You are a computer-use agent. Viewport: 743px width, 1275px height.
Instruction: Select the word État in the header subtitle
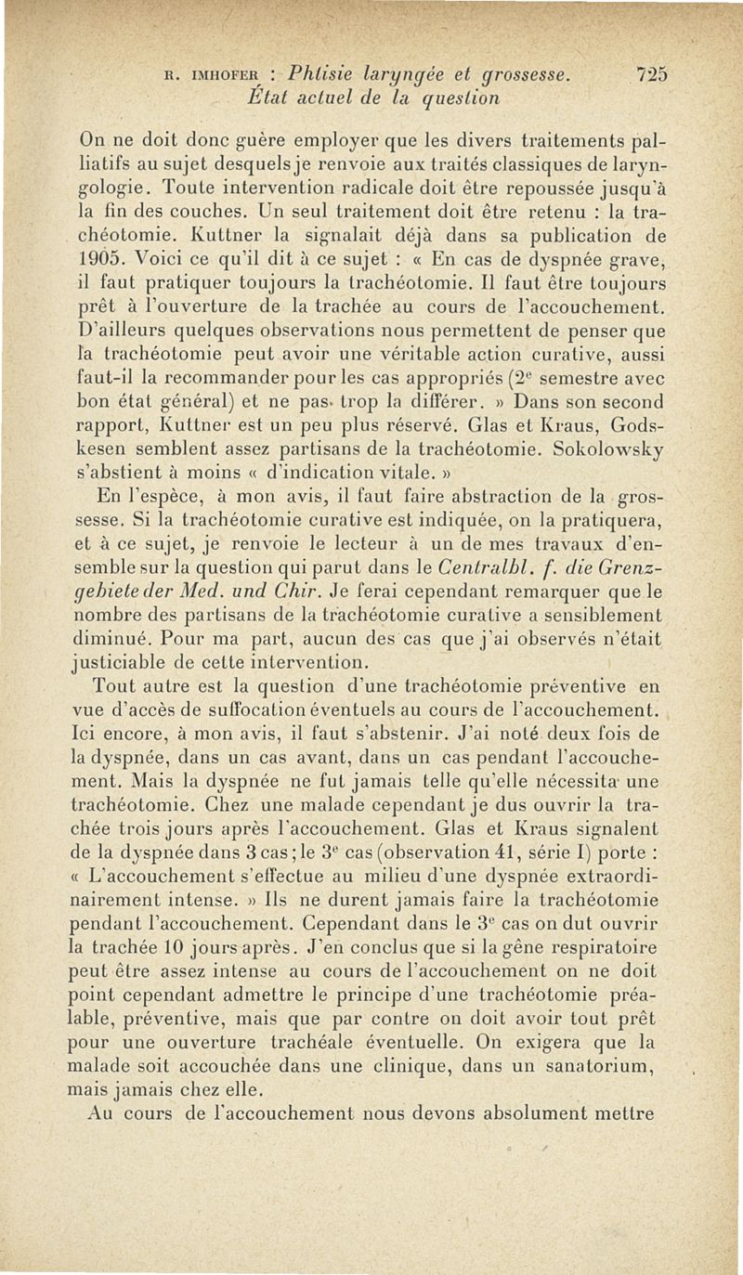[x=266, y=97]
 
